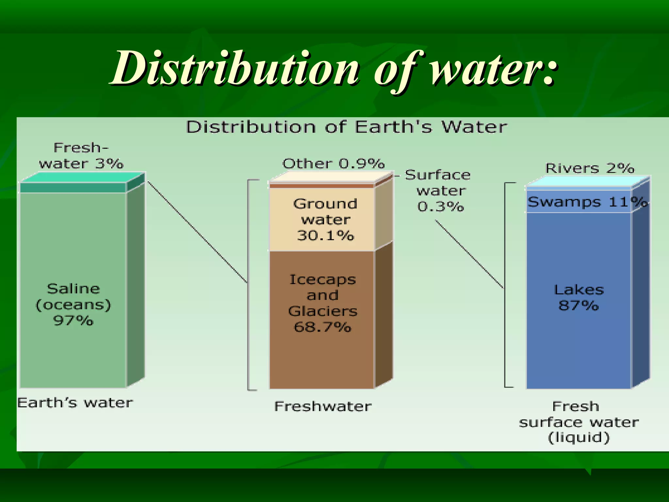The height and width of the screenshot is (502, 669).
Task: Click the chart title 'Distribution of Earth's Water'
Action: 346,127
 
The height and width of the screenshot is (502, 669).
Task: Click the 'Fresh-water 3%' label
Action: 81,156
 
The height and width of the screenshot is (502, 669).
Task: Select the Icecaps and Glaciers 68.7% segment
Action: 322,353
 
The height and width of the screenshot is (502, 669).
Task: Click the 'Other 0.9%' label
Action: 333,163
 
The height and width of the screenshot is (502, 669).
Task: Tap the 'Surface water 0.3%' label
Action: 439,191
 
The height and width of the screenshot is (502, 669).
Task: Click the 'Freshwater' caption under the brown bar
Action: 323,407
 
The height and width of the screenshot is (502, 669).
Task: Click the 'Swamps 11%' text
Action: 586,202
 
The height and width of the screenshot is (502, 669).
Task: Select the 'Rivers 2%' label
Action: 590,168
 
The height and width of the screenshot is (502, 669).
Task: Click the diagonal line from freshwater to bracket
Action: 197,232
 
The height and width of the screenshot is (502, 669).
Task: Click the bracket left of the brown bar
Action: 248,284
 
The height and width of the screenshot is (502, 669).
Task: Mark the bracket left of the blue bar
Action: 505,284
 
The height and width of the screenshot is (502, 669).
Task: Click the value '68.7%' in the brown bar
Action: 322,327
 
